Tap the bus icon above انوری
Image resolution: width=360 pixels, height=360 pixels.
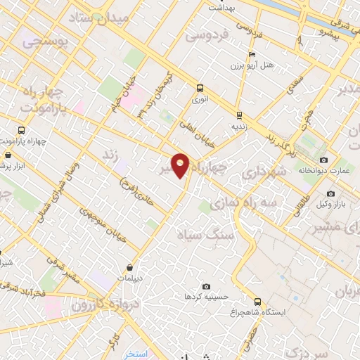(x=200, y=89)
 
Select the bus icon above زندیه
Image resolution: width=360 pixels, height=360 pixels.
(x=239, y=115)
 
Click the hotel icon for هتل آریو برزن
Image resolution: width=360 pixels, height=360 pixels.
(x=252, y=54)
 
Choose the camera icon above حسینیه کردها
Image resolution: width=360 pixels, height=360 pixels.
(x=206, y=286)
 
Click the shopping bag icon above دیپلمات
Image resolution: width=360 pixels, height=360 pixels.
(x=131, y=266)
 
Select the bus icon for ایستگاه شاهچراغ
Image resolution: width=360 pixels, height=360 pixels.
(x=257, y=301)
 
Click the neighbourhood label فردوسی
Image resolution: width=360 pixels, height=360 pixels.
(x=210, y=34)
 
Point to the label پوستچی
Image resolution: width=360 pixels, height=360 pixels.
(x=42, y=42)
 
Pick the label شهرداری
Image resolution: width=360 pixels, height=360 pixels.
(x=262, y=172)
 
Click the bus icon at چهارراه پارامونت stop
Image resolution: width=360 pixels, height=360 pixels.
(x=21, y=131)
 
